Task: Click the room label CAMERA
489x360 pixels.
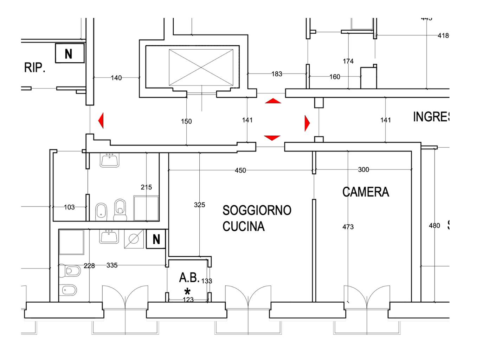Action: (x=366, y=192)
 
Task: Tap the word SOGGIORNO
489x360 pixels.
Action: (x=257, y=210)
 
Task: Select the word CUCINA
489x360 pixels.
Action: (x=243, y=226)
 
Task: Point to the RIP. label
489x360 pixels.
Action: (x=34, y=67)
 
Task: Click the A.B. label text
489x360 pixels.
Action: (x=189, y=278)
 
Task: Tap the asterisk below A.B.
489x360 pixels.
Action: (x=187, y=291)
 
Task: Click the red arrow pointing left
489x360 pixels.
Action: (x=101, y=121)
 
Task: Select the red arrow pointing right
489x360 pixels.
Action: (x=307, y=123)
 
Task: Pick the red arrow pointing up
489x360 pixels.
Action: (x=273, y=101)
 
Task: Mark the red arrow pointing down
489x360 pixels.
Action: (x=272, y=137)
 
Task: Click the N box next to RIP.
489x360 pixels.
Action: (x=69, y=53)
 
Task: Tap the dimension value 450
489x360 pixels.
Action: (x=240, y=171)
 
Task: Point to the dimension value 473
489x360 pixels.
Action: (x=348, y=227)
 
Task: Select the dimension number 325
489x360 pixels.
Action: (x=199, y=205)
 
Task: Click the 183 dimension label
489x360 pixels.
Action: (x=277, y=74)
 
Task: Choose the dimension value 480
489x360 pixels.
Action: (x=434, y=225)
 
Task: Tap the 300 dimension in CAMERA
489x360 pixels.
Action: (x=363, y=169)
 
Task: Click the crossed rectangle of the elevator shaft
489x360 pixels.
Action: (x=201, y=67)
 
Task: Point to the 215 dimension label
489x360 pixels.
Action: (x=146, y=187)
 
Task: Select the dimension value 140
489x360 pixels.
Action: (x=116, y=78)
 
